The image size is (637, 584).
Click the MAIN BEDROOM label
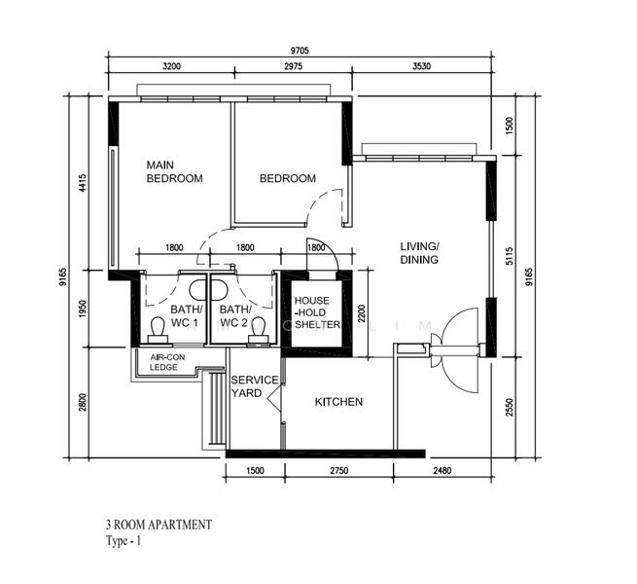(174, 171)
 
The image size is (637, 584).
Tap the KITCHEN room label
(338, 402)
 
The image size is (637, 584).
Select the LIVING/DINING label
(419, 253)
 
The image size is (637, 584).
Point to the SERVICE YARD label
(255, 386)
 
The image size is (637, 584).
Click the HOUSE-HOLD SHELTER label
(317, 312)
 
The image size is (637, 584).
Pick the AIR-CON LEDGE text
(167, 362)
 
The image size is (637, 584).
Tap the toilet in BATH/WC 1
(158, 330)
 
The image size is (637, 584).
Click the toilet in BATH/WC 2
(258, 330)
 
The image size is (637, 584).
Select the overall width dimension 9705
(300, 51)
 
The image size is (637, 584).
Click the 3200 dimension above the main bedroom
(171, 66)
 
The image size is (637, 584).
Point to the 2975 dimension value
(293, 66)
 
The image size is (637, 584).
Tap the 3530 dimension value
(421, 66)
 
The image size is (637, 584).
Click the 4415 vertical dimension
(83, 183)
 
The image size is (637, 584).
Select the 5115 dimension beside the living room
(510, 256)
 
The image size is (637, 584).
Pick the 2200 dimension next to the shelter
(362, 313)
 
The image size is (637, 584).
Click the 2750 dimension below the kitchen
(338, 470)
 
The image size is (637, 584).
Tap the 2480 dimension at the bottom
(442, 470)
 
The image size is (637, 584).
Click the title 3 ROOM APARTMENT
(159, 525)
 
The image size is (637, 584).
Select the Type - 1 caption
(124, 541)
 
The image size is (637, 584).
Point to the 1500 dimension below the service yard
(255, 470)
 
